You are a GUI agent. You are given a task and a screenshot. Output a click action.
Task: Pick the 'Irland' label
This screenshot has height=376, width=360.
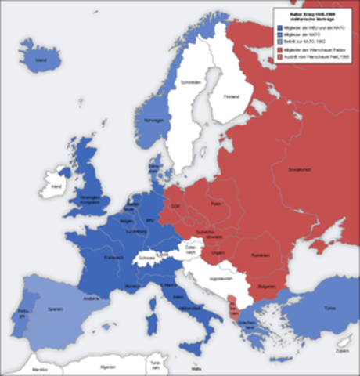56,187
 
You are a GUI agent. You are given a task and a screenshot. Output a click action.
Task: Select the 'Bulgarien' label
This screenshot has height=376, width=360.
268,286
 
